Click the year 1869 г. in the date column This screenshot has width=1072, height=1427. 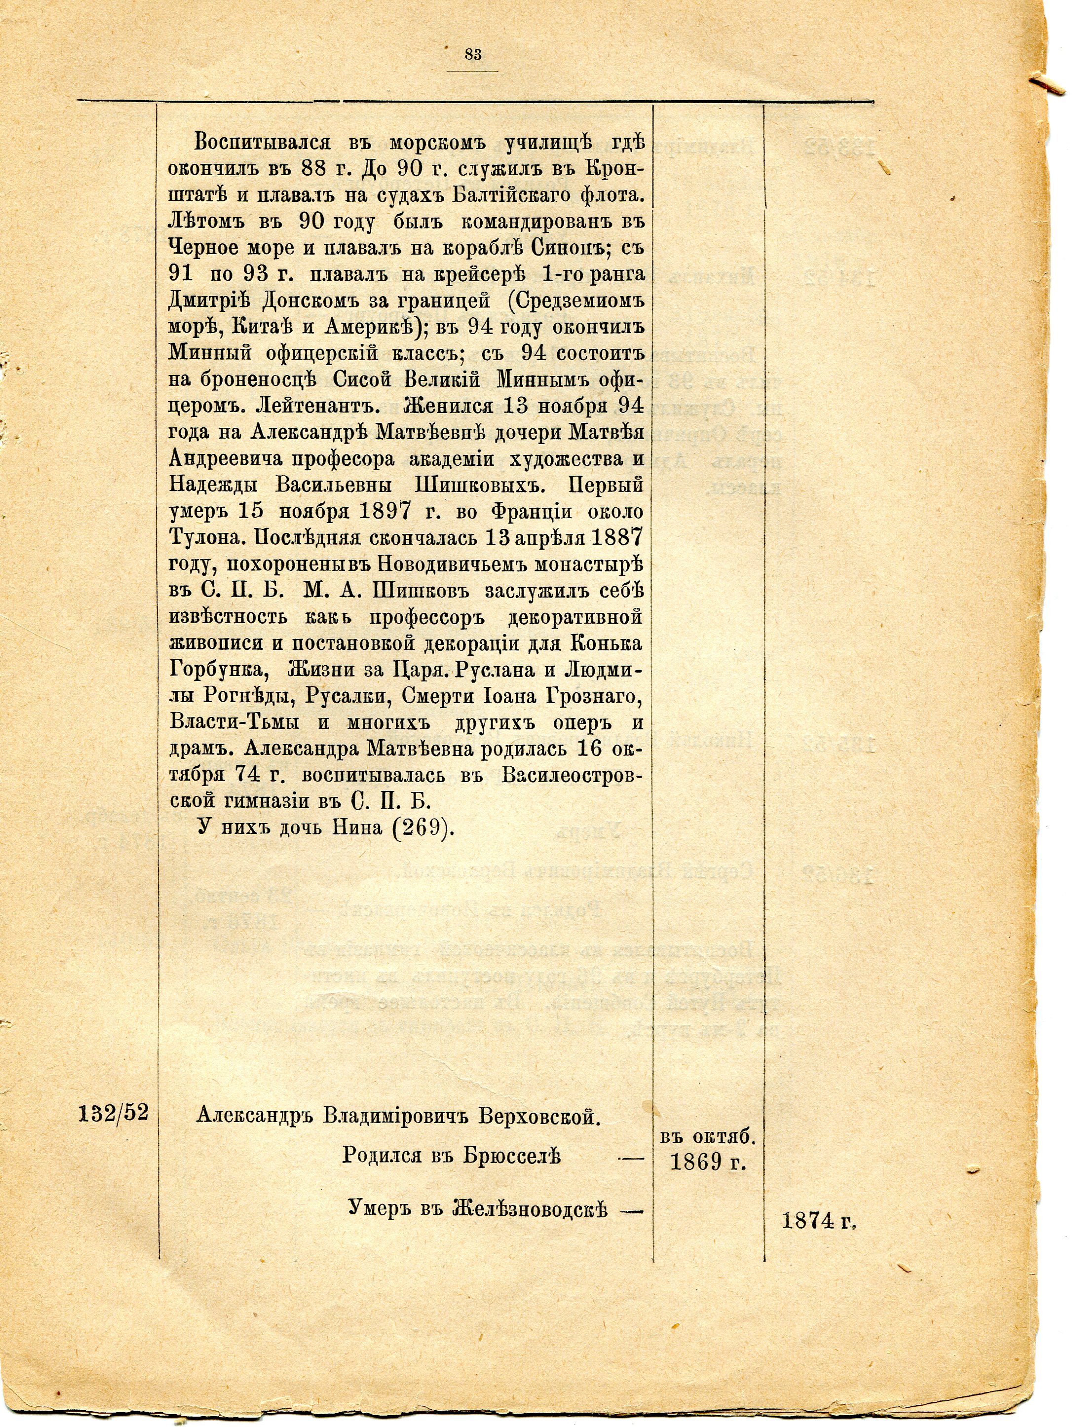coord(708,1162)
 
